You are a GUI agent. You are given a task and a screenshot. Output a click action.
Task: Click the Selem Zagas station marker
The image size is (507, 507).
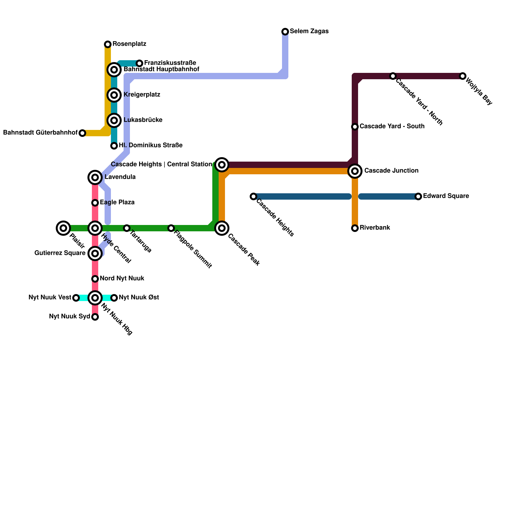click(285, 32)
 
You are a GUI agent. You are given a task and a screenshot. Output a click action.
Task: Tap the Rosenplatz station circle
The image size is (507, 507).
click(108, 44)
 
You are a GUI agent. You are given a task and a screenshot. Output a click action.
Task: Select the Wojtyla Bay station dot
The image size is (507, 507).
click(463, 76)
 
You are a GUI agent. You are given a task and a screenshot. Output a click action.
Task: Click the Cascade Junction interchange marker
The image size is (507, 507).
click(355, 171)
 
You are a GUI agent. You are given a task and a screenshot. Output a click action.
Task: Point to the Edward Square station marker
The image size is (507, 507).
click(418, 196)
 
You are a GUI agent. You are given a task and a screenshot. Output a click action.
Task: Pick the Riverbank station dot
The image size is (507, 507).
click(355, 228)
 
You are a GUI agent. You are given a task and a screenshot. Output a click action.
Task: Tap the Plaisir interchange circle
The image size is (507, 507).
click(63, 228)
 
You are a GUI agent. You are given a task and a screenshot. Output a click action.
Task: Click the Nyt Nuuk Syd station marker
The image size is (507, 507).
click(95, 317)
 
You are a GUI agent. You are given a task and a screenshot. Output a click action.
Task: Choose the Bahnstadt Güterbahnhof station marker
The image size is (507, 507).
click(82, 133)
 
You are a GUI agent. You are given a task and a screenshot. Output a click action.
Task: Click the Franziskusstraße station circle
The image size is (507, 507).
click(139, 63)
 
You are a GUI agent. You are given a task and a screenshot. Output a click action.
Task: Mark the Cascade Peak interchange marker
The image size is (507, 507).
click(222, 228)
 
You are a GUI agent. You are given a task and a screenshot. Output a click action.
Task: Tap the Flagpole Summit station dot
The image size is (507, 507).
click(171, 228)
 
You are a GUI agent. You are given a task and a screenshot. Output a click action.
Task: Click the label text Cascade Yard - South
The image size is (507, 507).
click(392, 126)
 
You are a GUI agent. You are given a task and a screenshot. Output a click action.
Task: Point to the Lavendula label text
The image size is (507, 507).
click(120, 177)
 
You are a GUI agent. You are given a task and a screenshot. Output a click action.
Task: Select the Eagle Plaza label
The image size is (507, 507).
click(117, 202)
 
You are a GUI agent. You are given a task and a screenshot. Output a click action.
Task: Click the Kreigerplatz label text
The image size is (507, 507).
click(142, 95)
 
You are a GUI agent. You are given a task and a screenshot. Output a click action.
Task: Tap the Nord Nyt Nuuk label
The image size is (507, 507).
click(122, 279)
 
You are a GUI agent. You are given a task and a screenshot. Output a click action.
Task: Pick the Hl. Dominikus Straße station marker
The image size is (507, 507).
click(114, 146)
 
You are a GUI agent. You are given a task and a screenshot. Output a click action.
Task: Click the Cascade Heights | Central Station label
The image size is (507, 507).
click(161, 164)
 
